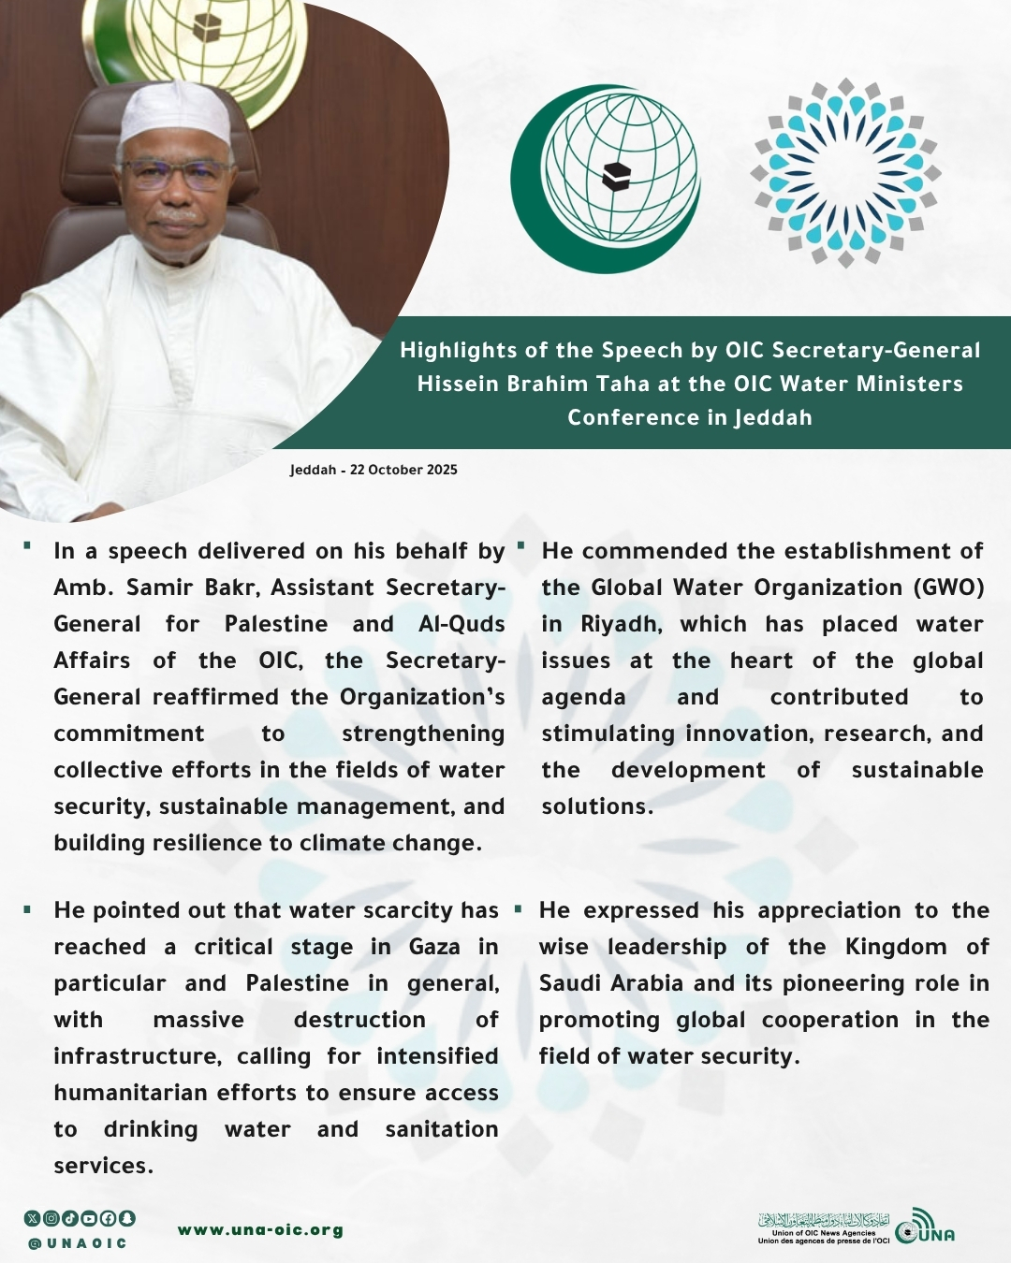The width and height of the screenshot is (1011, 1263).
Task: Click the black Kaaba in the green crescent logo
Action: [x=616, y=175]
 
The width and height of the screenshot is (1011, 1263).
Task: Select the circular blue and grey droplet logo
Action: [x=845, y=173]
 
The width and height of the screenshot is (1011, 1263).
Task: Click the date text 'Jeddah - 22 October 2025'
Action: [x=374, y=470]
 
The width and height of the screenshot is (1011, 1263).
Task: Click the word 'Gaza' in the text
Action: [x=434, y=947]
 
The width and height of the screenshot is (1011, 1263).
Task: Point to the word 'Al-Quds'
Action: [x=462, y=624]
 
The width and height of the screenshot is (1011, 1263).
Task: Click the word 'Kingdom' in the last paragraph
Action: [x=896, y=947]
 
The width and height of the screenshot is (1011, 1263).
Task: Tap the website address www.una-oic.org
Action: [x=260, y=1229]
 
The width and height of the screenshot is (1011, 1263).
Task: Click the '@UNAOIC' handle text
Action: [x=78, y=1243]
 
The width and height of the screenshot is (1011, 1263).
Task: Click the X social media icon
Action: [x=33, y=1218]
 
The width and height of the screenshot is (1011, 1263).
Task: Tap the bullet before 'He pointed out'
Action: [x=28, y=908]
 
